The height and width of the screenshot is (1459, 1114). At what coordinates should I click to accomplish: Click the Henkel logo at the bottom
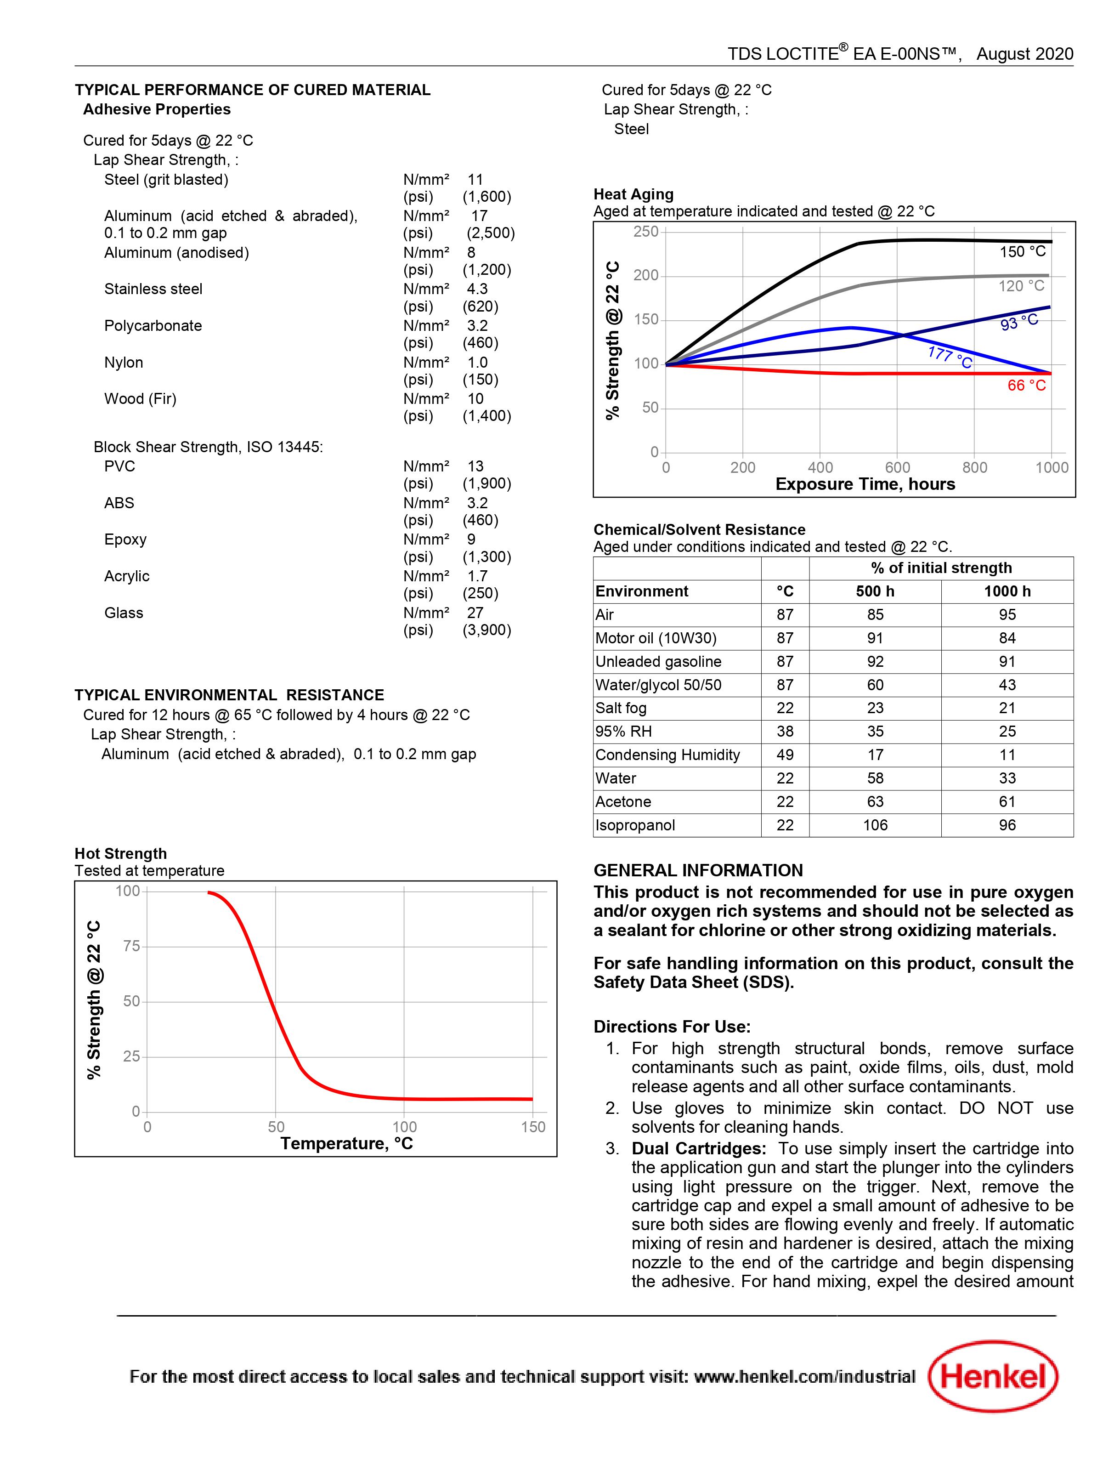point(993,1376)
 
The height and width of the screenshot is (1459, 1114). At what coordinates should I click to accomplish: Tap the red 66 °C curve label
point(1026,385)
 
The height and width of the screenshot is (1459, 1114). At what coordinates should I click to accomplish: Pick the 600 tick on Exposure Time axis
point(897,467)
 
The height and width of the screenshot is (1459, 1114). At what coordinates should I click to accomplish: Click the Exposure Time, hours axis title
point(865,484)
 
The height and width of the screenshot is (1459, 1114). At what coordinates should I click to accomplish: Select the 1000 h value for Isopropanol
point(1007,825)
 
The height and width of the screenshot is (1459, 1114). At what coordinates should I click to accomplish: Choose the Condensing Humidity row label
point(667,755)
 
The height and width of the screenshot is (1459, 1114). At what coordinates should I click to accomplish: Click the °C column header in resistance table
point(785,591)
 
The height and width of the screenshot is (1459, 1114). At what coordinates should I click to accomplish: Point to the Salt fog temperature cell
point(785,708)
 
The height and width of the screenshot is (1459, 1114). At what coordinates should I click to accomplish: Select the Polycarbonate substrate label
point(153,326)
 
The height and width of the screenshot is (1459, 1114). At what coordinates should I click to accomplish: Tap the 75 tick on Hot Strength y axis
point(131,946)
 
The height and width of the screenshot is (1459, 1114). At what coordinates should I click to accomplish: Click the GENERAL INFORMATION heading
point(698,870)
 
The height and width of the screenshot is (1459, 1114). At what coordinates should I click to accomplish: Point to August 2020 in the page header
point(1024,54)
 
